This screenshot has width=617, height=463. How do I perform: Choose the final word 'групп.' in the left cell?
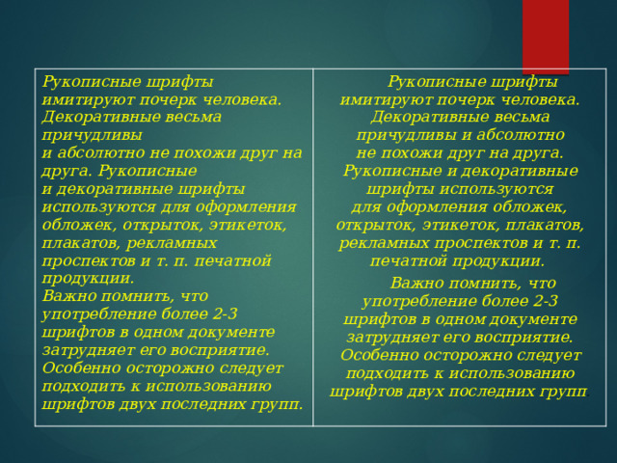[274, 403]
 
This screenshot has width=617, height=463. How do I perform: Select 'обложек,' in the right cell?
[531, 206]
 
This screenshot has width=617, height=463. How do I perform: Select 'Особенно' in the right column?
[381, 355]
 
